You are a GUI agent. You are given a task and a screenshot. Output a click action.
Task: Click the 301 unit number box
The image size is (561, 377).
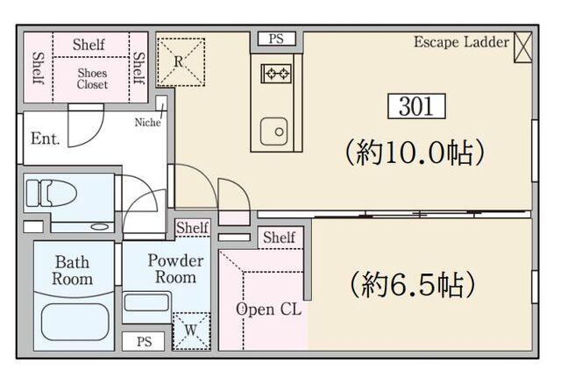[416, 106]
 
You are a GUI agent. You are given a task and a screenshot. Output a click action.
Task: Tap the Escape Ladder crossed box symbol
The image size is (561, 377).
[522, 47]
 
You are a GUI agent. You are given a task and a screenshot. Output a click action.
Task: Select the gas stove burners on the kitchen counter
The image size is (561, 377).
[276, 74]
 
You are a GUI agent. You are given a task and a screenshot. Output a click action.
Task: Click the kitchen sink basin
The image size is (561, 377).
[273, 132]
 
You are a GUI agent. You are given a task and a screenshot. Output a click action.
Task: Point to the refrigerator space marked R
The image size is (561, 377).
[181, 62]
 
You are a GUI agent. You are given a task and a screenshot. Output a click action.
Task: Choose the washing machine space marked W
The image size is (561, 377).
[191, 331]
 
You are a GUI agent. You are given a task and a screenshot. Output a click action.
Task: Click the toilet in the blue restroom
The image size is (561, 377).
[51, 194]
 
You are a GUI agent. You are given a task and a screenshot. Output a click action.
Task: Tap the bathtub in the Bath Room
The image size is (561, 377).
[75, 323]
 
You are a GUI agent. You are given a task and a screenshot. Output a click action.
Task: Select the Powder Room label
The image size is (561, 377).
[175, 269]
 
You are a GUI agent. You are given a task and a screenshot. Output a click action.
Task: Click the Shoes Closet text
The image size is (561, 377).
[92, 79]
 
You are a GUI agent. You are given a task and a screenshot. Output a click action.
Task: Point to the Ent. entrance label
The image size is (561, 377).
[45, 139]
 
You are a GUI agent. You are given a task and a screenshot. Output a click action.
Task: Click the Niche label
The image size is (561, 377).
[147, 123]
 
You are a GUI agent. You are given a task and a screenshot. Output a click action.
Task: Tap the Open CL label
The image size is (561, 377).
[269, 309]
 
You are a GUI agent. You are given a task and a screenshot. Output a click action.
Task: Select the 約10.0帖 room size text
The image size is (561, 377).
[415, 153]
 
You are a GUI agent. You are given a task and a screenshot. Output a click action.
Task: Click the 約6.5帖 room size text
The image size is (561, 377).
[413, 284]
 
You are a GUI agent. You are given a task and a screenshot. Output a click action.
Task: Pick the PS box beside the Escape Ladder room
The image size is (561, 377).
[277, 39]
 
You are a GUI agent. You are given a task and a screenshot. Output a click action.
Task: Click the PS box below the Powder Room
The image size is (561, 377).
[144, 342]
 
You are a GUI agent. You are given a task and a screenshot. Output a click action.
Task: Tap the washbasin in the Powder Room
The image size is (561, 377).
[146, 302]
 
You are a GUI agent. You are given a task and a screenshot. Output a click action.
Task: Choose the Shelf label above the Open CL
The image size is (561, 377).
[280, 238]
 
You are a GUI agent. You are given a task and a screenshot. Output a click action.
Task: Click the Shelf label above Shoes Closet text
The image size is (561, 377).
[89, 45]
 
